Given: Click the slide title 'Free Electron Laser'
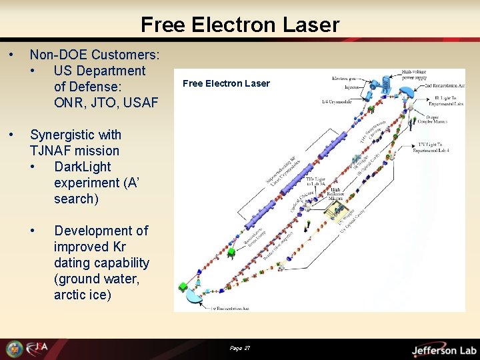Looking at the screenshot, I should click(x=240, y=25).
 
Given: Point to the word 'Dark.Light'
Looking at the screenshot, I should click(x=83, y=167).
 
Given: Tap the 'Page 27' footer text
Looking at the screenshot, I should click(x=240, y=348).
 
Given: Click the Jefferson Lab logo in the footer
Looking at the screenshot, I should click(x=443, y=350).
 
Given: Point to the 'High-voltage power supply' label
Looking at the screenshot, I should click(x=415, y=74).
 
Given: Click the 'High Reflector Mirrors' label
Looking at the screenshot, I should click(x=336, y=195).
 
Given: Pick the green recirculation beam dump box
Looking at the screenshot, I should click(x=183, y=287).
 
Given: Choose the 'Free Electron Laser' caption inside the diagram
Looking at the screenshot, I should click(x=226, y=83).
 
